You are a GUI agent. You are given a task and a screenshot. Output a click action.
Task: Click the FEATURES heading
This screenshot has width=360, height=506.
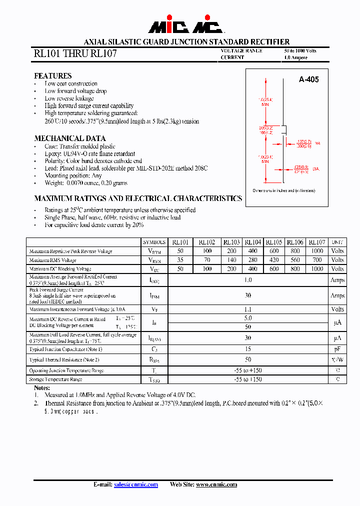coord(52,76)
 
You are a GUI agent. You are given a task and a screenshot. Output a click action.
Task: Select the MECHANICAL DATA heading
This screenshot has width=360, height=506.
coord(69,138)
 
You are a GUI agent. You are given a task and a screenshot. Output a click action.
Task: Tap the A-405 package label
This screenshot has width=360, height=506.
coord(308,79)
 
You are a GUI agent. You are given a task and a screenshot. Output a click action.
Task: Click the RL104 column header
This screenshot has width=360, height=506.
coord(252,242)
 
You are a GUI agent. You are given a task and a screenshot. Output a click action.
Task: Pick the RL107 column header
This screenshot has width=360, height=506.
coord(316,242)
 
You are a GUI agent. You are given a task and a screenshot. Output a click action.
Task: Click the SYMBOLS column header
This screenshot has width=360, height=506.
coord(154,242)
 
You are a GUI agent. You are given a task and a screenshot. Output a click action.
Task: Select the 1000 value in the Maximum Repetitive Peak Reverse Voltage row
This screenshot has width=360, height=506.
coord(316,251)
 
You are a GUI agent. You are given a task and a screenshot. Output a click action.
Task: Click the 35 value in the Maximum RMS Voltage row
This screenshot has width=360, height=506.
coord(180,260)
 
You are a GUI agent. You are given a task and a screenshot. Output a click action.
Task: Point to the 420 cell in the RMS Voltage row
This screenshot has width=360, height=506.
coord(273,260)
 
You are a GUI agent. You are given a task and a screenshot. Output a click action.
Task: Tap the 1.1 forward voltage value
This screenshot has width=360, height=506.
coord(248,309)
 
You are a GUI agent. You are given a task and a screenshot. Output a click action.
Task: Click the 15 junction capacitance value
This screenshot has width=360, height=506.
coord(248,349)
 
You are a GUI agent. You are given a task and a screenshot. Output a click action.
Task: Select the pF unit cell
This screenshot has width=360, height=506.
coord(337,349)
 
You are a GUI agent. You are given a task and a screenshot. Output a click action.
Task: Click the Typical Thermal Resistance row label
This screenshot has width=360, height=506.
coord(64,359)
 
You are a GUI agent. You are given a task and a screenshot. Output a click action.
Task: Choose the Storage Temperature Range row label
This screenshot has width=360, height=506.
coord(55,379)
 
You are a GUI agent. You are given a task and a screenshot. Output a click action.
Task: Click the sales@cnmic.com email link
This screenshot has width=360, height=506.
coord(136,484)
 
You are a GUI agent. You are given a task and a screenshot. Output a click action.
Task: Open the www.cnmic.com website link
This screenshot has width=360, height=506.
coord(216,484)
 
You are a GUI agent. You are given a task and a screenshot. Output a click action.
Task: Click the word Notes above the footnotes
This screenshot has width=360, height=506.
coord(42,388)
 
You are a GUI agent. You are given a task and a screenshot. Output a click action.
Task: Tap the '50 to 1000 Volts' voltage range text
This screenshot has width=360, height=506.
coord(300,51)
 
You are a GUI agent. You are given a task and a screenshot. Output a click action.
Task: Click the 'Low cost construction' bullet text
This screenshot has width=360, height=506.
coord(71,84)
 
